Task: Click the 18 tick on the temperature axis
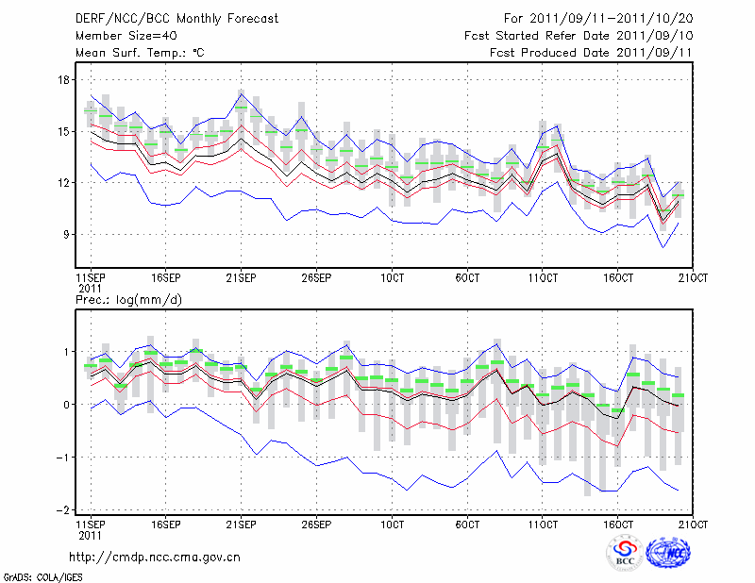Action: (x=64, y=80)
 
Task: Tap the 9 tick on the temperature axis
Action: (x=67, y=234)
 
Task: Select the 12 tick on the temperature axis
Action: (x=64, y=183)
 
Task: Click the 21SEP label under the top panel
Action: (x=241, y=279)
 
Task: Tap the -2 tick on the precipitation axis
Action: (x=63, y=510)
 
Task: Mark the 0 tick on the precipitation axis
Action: (x=67, y=405)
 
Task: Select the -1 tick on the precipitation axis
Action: (x=63, y=458)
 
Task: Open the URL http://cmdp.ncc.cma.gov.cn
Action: (x=155, y=557)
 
